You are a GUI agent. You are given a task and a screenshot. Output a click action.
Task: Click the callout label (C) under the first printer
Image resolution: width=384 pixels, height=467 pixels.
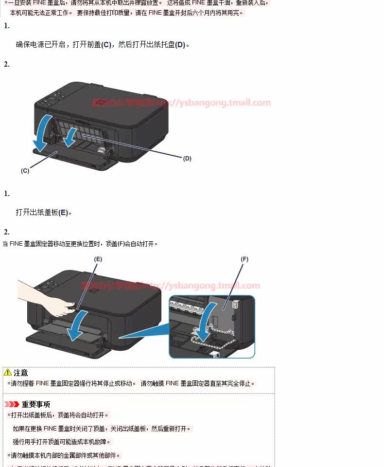pyautogui.click(x=25, y=171)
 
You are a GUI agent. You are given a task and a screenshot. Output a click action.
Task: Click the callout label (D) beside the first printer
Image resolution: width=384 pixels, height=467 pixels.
pyautogui.click(x=187, y=159)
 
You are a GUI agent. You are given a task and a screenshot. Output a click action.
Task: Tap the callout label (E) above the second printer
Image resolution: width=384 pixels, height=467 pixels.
pyautogui.click(x=98, y=260)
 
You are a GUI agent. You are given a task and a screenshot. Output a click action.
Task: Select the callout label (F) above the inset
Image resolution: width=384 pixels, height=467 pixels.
pyautogui.click(x=244, y=259)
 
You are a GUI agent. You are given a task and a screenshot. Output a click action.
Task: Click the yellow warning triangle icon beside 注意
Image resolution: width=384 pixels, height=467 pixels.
pyautogui.click(x=8, y=373)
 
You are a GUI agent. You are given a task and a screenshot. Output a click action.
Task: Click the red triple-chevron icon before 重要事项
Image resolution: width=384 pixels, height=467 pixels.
pyautogui.click(x=12, y=404)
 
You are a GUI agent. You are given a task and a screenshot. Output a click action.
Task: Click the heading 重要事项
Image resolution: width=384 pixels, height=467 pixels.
pyautogui.click(x=36, y=404)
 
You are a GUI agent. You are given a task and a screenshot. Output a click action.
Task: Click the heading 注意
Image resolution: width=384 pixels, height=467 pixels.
pyautogui.click(x=21, y=373)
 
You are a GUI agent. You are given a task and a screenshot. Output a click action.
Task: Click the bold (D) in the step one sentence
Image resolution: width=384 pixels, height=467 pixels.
pyautogui.click(x=180, y=45)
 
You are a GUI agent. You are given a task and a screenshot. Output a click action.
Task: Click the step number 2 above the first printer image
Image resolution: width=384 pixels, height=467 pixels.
pyautogui.click(x=7, y=64)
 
